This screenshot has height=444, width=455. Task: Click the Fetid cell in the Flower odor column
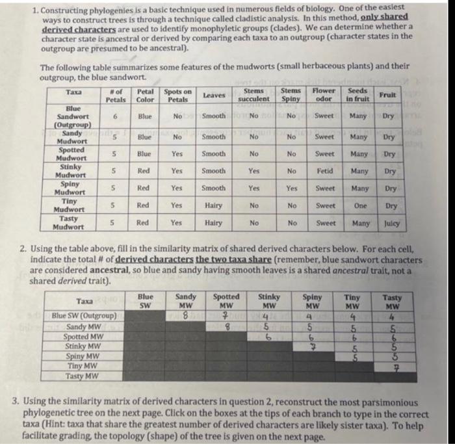(x=326, y=171)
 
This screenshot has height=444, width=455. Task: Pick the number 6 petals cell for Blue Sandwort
(x=115, y=115)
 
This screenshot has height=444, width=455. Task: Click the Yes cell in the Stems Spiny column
(x=291, y=189)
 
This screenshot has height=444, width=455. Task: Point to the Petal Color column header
(x=146, y=95)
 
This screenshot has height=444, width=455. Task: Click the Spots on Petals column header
(x=177, y=95)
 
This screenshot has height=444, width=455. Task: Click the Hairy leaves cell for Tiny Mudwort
(x=213, y=206)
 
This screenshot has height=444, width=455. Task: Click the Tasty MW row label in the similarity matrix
(x=83, y=376)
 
